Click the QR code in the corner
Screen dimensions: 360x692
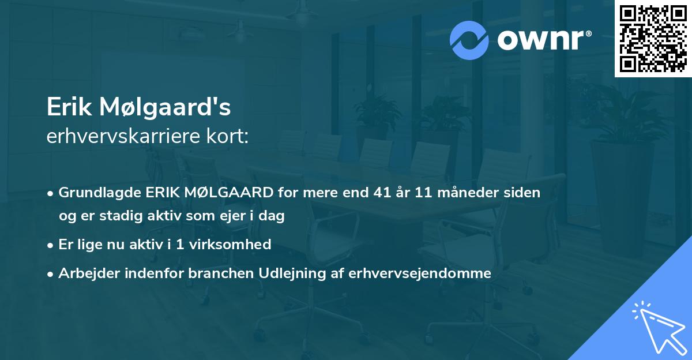(x=653, y=39)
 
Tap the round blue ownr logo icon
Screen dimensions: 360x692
(x=469, y=40)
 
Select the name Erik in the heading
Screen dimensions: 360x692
(x=69, y=107)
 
